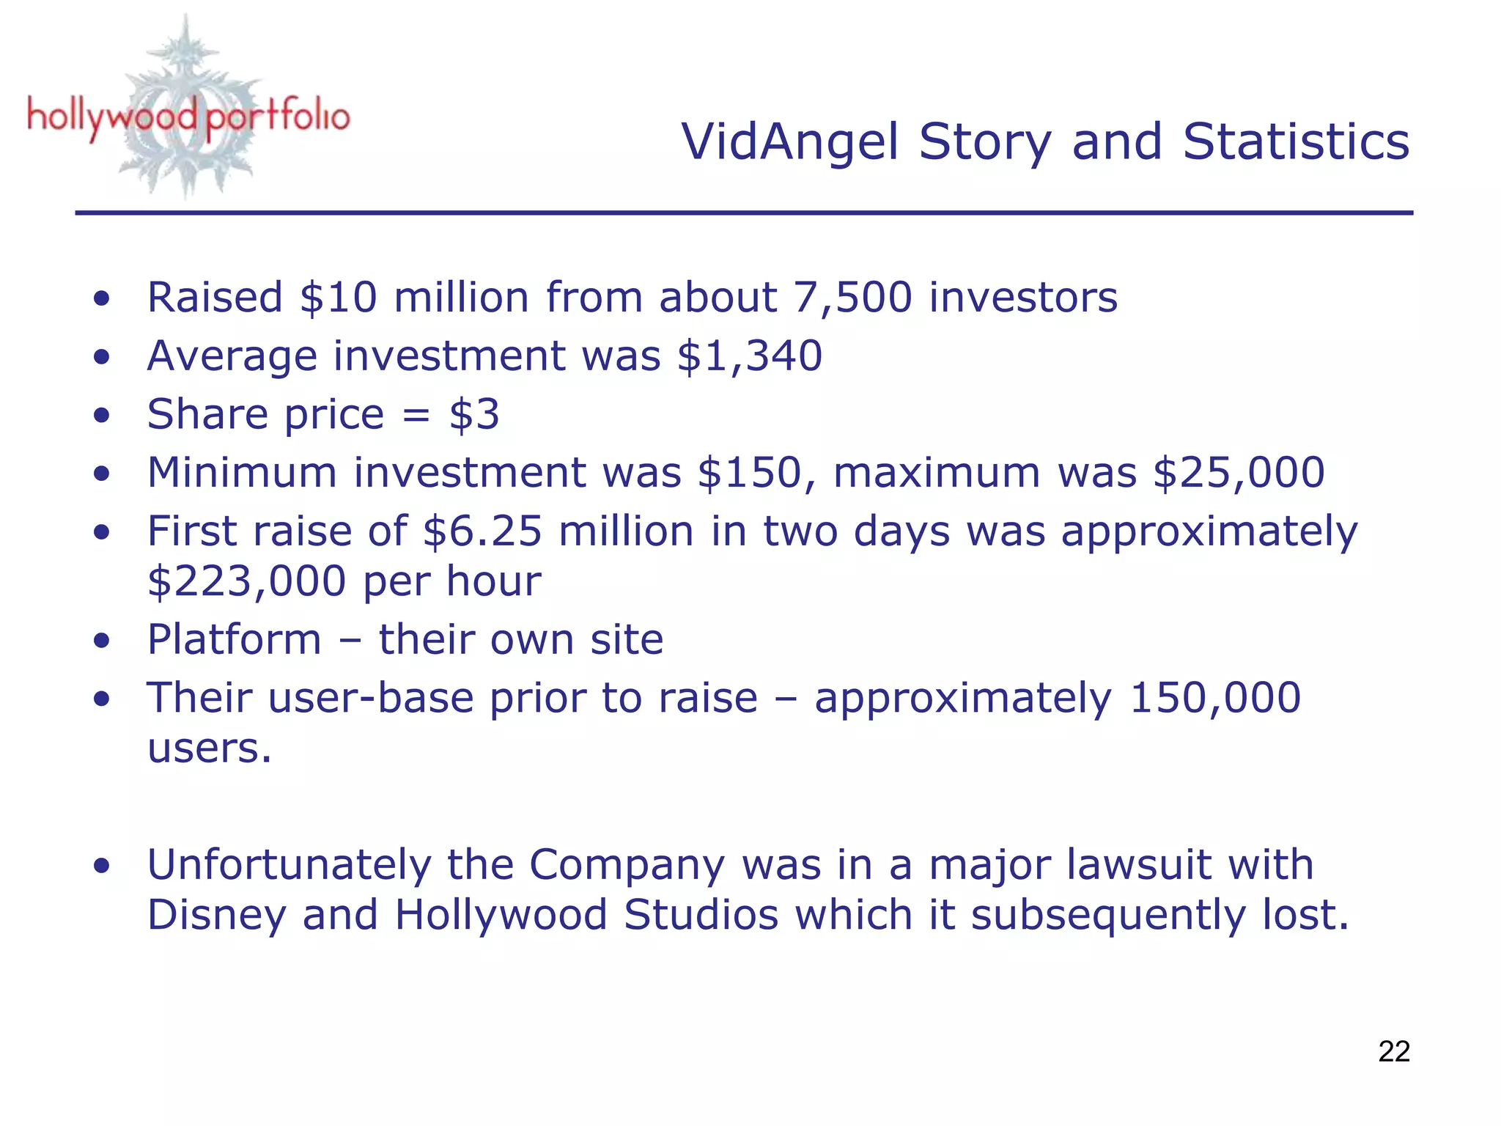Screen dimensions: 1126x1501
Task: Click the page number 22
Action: coord(1393,1051)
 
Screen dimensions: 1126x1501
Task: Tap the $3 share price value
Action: coord(474,415)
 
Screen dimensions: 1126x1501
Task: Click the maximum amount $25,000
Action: coord(1239,472)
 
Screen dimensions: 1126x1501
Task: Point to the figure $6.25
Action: coord(482,531)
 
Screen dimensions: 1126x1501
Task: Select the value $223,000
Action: coord(246,581)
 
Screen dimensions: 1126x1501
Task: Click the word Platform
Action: coord(234,639)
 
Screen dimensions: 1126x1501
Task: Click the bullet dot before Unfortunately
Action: coord(102,866)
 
